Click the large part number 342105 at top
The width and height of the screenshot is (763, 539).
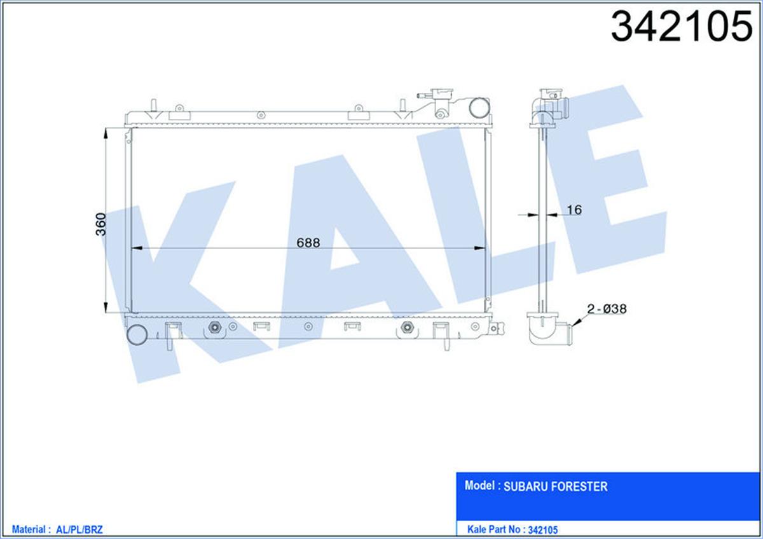coord(681,27)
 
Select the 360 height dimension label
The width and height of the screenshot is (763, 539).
coord(101,224)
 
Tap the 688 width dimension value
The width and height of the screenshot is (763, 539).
coord(308,243)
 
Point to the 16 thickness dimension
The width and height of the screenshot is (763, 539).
coord(574,210)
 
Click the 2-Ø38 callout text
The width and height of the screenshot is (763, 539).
coord(607,309)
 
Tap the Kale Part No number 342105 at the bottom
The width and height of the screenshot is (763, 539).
coord(542,530)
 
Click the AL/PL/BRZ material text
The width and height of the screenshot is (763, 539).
coord(79,529)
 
